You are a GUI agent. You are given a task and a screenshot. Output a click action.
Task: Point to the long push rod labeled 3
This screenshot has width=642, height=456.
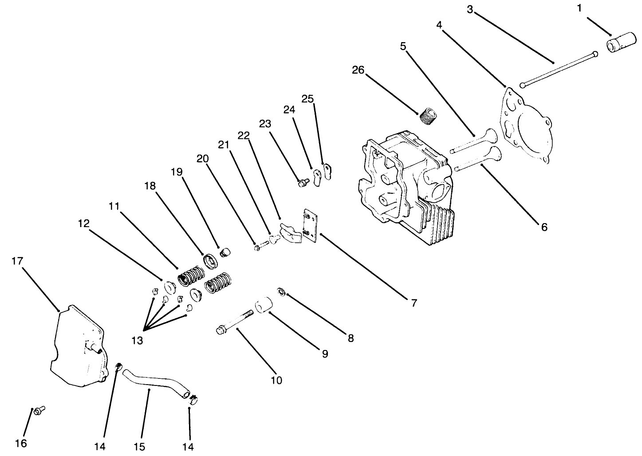pyautogui.click(x=559, y=69)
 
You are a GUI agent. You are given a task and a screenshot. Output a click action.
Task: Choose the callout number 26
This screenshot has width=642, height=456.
pyautogui.click(x=358, y=70)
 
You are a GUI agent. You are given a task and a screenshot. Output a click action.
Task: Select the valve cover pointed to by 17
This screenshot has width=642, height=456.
pyautogui.click(x=78, y=346)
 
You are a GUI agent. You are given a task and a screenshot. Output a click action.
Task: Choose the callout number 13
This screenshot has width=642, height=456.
pyautogui.click(x=137, y=340)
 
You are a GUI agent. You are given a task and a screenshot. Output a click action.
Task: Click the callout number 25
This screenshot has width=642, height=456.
pyautogui.click(x=307, y=98)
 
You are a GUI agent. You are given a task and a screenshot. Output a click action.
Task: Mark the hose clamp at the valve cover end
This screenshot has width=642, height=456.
pyautogui.click(x=118, y=367)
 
